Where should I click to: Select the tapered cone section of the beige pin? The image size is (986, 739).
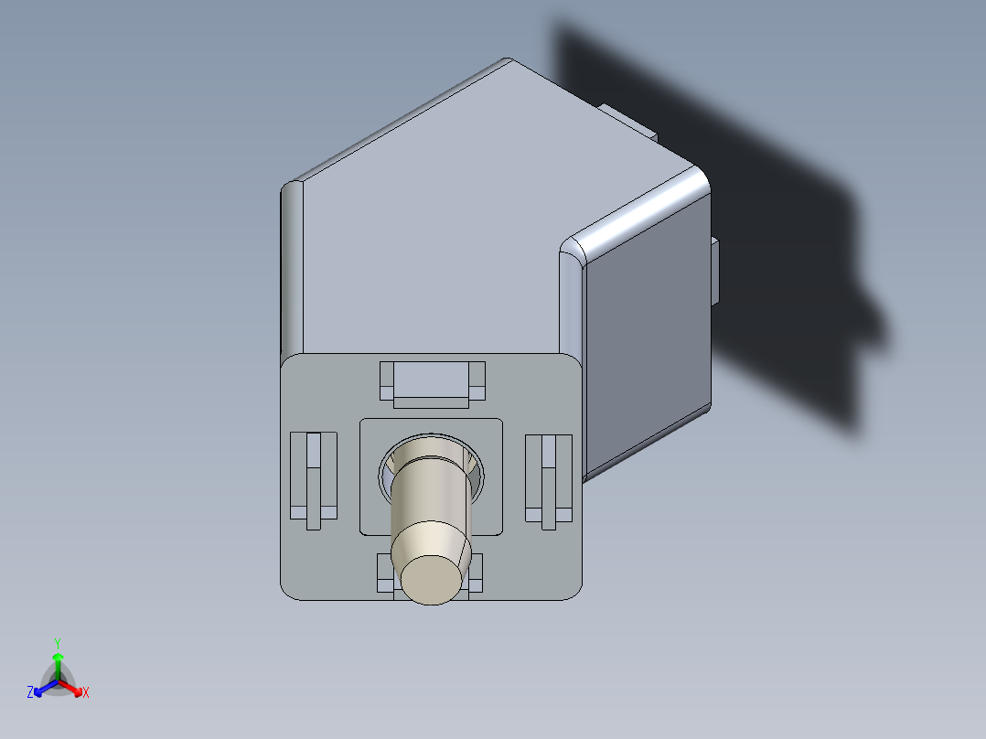pos(431,539)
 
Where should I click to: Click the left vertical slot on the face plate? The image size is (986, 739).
pos(313,477)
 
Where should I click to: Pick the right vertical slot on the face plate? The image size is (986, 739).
pos(549,479)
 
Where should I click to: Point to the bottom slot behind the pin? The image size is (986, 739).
pos(385,573)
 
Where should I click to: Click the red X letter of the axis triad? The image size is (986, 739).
pos(86,692)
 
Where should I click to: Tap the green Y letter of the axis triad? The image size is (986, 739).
pos(58,643)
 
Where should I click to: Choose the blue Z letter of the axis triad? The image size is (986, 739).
pos(30,692)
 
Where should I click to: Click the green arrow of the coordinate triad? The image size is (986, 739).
pos(58,662)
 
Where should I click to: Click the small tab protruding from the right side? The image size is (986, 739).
pos(715,271)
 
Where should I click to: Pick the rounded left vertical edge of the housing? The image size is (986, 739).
pos(292,265)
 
